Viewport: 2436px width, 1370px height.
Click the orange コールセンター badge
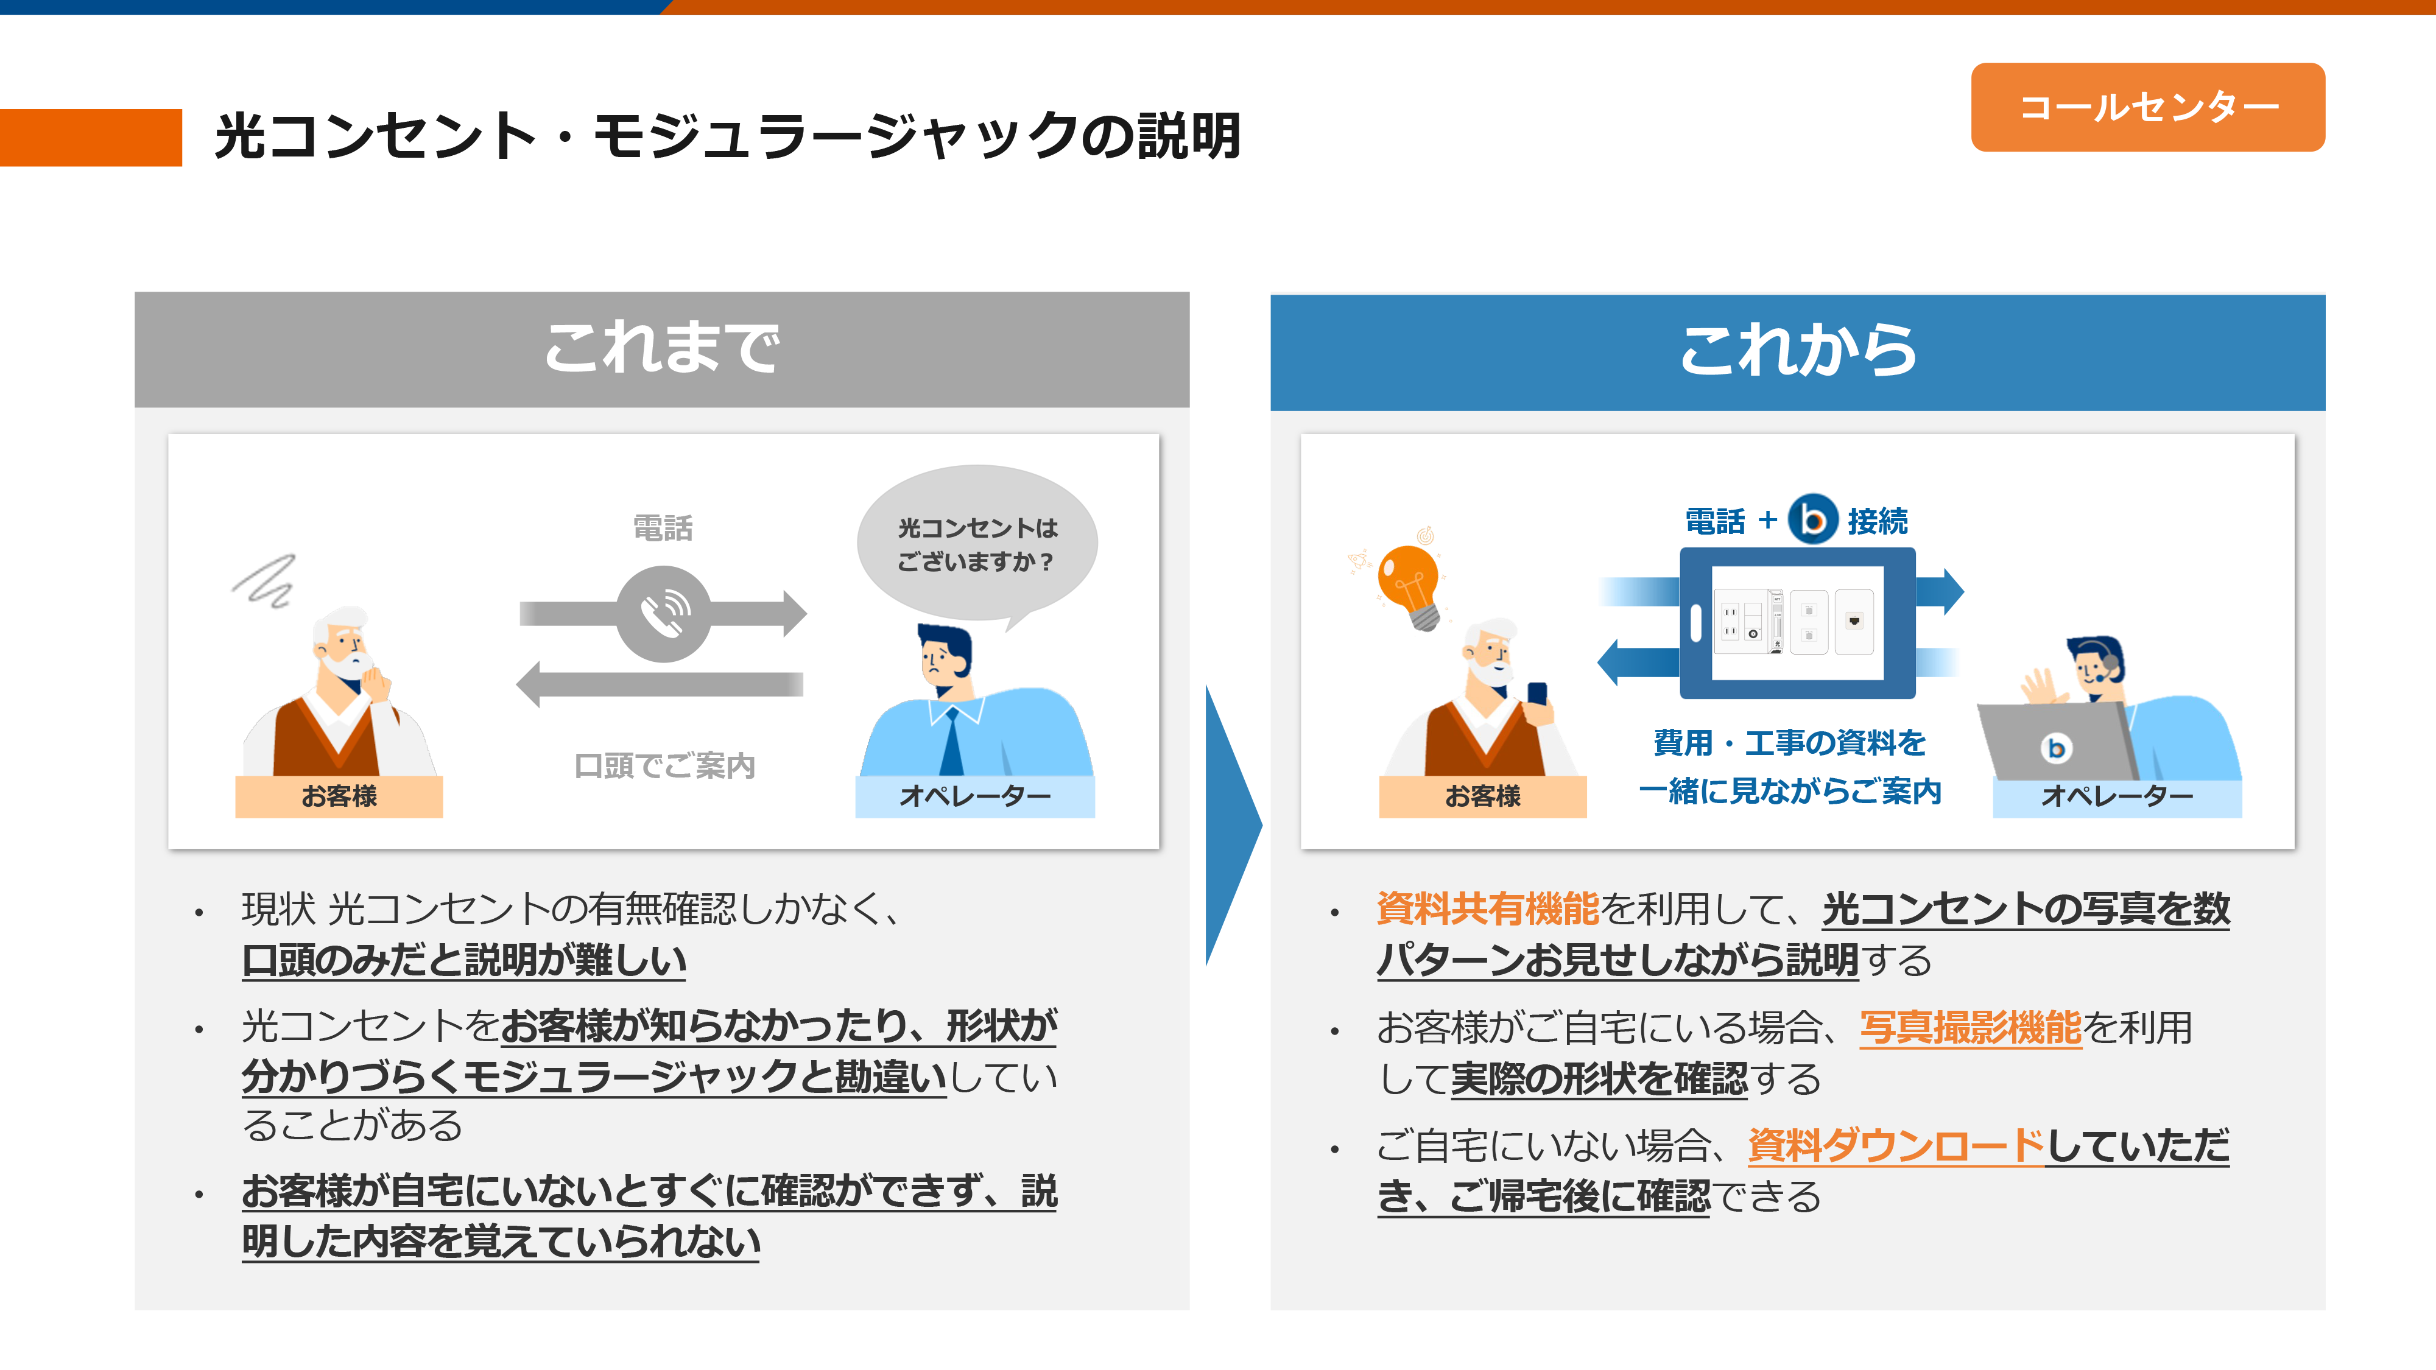click(2147, 107)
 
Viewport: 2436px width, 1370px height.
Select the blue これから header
click(1797, 352)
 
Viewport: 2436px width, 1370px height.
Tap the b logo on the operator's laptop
click(2055, 748)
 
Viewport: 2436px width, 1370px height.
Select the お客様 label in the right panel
click(1482, 796)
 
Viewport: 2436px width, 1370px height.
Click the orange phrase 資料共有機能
click(1488, 908)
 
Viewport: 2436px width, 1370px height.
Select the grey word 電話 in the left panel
click(663, 527)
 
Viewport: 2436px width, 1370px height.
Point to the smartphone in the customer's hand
click(1538, 695)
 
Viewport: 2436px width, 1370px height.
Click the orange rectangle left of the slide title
click(91, 137)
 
